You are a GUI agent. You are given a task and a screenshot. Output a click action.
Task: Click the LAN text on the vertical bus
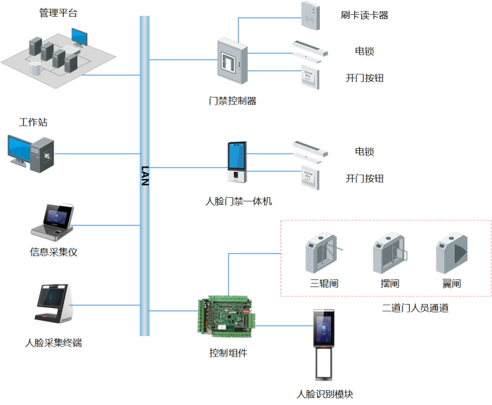click(145, 175)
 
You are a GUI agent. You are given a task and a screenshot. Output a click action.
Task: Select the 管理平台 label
click(58, 13)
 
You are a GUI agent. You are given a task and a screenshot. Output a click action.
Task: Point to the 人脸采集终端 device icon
click(55, 305)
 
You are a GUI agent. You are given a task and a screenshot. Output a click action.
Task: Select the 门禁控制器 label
click(233, 100)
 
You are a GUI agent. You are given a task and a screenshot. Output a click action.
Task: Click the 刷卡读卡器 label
click(364, 15)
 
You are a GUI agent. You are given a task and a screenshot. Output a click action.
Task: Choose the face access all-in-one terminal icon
click(236, 166)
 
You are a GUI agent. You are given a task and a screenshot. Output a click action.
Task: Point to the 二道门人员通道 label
click(415, 307)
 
